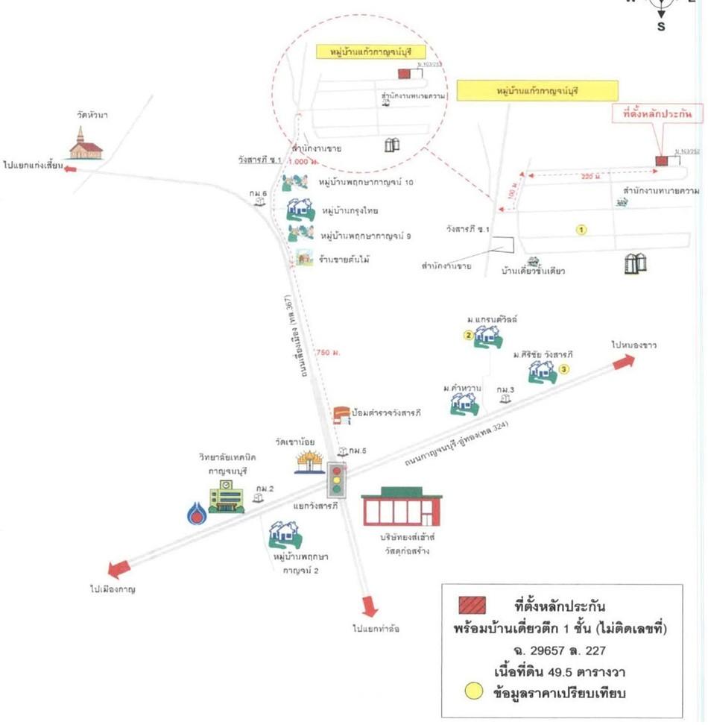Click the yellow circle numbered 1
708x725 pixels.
point(582,230)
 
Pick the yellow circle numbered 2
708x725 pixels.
point(469,335)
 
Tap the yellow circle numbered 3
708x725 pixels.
point(563,368)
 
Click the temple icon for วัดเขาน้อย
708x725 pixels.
point(310,462)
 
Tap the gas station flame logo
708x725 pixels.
point(197,512)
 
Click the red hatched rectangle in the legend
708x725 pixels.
point(474,605)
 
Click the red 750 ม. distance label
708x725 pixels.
point(328,352)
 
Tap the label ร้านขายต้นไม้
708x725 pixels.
point(344,260)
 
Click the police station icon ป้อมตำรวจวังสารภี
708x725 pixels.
point(341,414)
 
